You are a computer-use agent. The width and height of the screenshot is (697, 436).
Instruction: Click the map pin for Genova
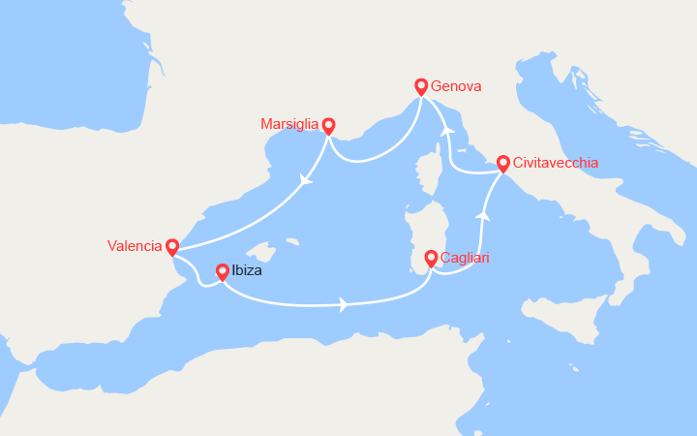(x=421, y=86)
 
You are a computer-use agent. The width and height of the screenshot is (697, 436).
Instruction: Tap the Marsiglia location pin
(x=328, y=125)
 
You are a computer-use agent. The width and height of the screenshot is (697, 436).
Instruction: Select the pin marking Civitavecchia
(x=503, y=164)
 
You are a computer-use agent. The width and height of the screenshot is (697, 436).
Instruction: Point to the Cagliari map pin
(x=431, y=258)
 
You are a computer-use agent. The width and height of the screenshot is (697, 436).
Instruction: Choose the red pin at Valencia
(x=172, y=247)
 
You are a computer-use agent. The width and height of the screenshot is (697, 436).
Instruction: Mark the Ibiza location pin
(x=223, y=272)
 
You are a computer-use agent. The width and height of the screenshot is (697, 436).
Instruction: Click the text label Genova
(x=457, y=86)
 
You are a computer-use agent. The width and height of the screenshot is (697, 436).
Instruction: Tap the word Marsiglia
(x=289, y=124)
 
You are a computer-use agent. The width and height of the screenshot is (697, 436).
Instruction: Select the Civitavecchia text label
(x=556, y=163)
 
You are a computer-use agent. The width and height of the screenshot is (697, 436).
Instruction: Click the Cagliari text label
(x=465, y=258)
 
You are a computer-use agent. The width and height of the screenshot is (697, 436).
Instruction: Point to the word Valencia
(x=135, y=246)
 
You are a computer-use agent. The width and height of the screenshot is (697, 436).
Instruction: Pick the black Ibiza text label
(x=247, y=271)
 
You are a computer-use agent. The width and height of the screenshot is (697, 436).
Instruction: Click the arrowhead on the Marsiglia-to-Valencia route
(x=307, y=179)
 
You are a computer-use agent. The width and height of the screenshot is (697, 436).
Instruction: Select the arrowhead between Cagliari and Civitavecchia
(x=483, y=215)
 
